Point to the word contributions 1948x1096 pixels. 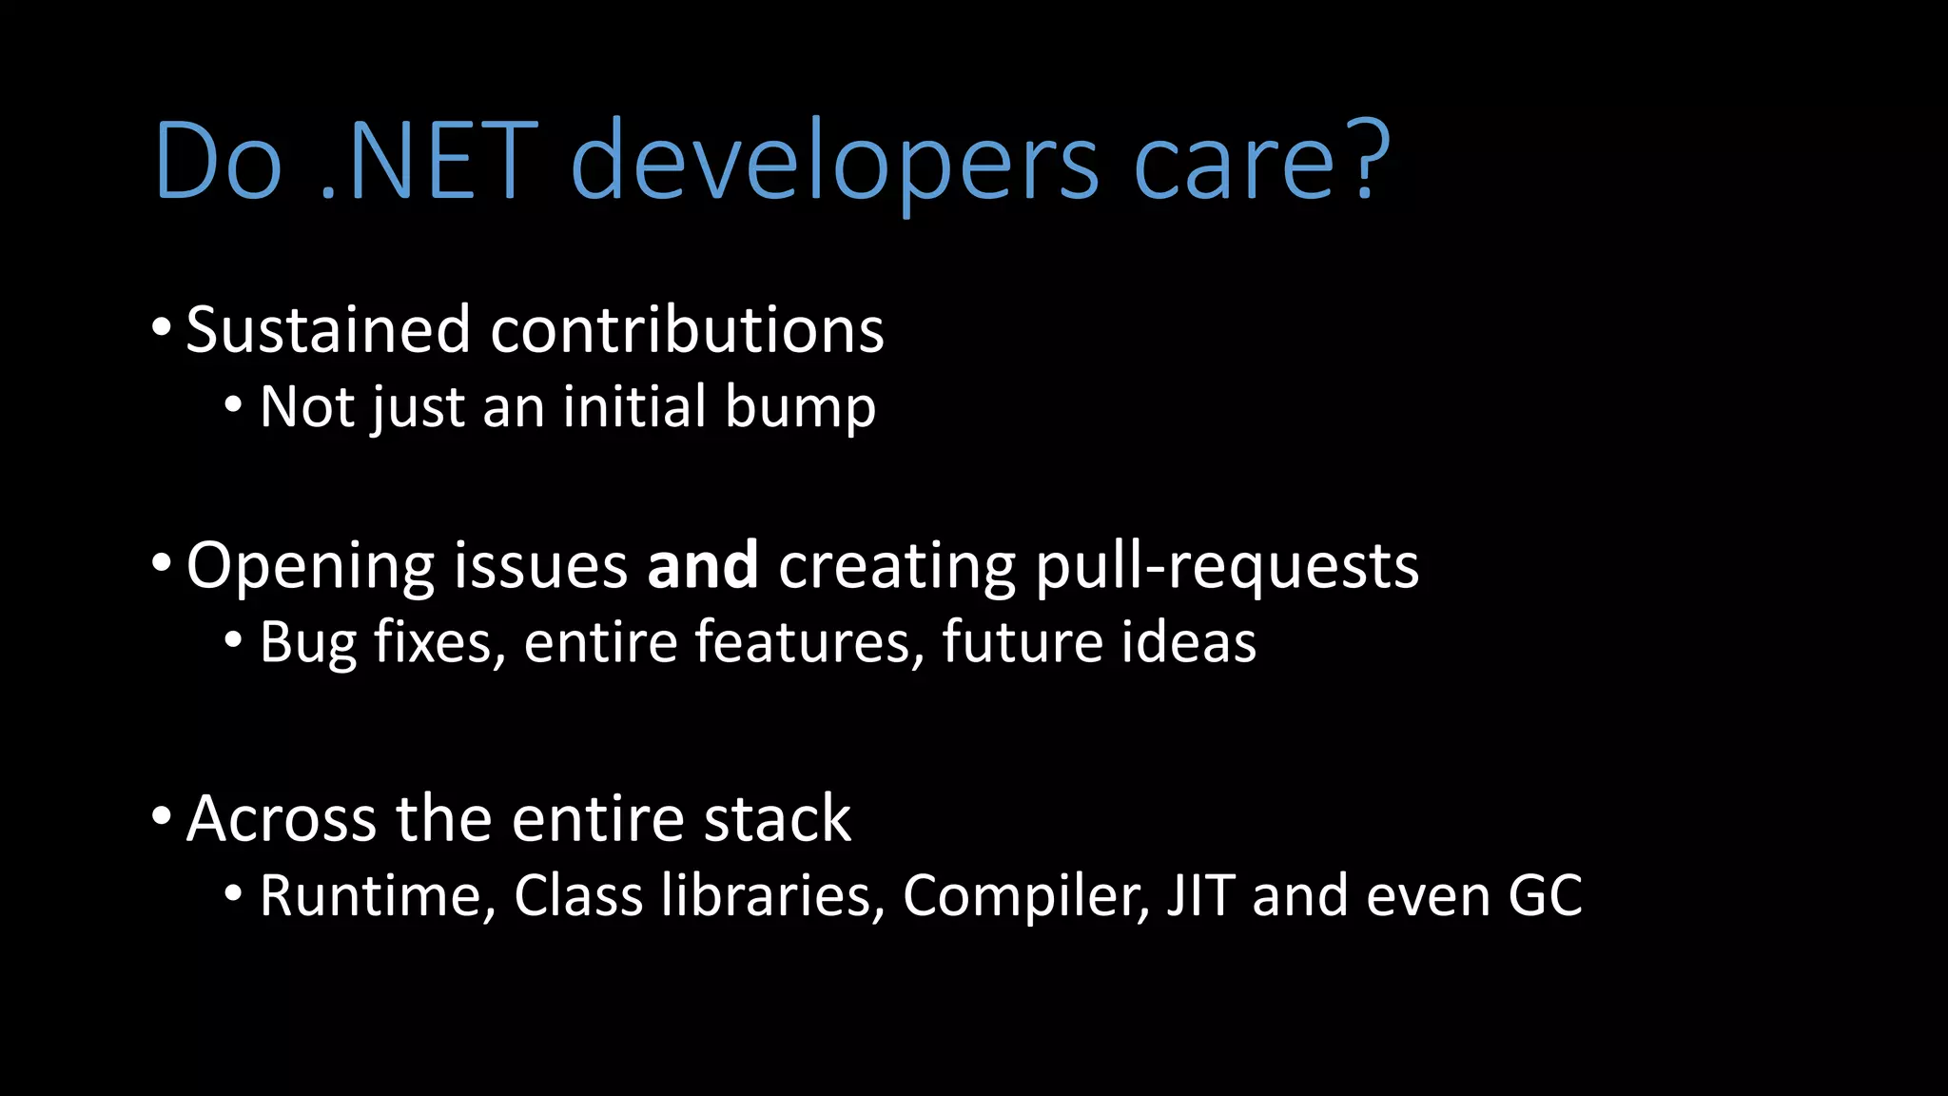pos(687,330)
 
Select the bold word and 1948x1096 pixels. pos(702,565)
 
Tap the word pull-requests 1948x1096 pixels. pos(1226,568)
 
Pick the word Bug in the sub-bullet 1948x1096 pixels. pos(308,644)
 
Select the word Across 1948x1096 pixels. pos(282,819)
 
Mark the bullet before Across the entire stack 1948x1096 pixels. pos(162,816)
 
